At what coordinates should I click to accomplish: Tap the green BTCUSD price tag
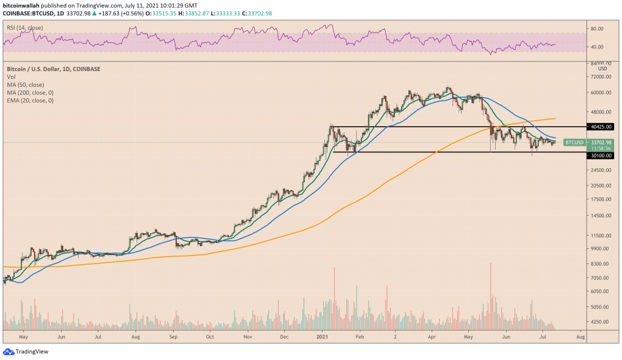click(x=574, y=142)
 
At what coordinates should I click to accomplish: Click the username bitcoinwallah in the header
click(x=23, y=5)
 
